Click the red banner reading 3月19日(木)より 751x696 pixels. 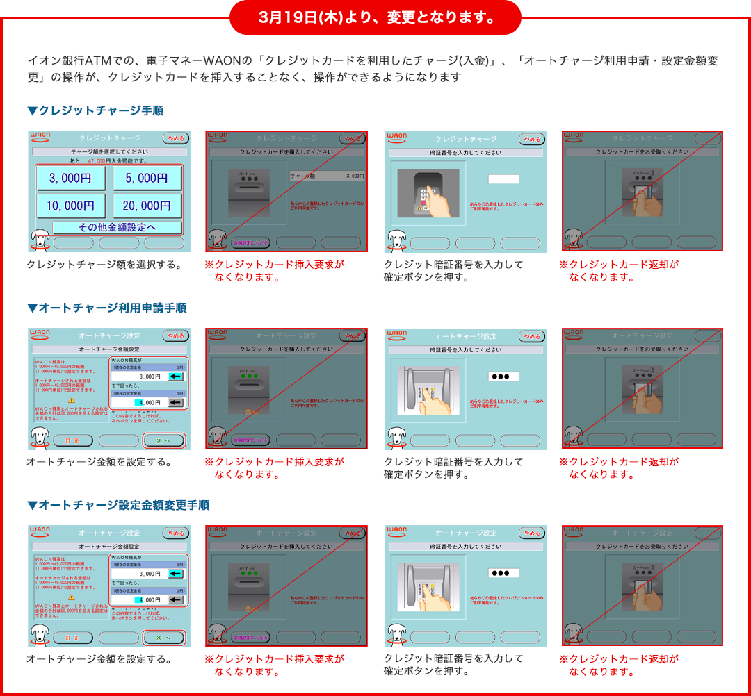click(x=375, y=17)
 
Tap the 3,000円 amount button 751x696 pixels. click(x=70, y=179)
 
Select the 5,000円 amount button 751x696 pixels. click(x=147, y=179)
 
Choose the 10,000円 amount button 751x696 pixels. click(x=70, y=206)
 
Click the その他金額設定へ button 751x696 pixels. click(x=117, y=227)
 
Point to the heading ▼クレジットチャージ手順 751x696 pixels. click(x=95, y=110)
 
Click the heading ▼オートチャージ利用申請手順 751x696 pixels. click(x=106, y=308)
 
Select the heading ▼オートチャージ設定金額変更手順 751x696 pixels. click(x=118, y=505)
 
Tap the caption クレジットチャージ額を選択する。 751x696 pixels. click(x=104, y=265)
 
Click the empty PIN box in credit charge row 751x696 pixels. click(x=503, y=179)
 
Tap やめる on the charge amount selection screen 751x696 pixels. click(x=175, y=138)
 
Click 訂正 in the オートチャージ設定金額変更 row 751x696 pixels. click(x=72, y=637)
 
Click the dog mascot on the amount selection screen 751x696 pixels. click(x=40, y=240)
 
